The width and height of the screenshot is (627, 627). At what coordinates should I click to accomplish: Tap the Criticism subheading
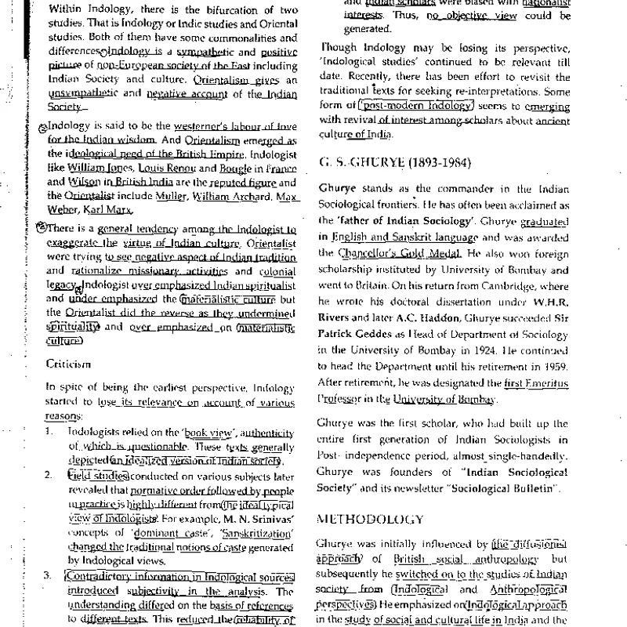(68, 364)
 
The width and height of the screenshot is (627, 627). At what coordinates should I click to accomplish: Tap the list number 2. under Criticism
(49, 475)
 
